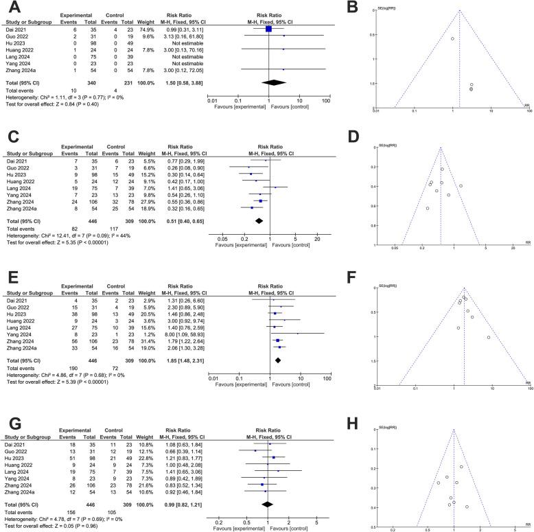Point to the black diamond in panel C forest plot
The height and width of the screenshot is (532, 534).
pos(259,220)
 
